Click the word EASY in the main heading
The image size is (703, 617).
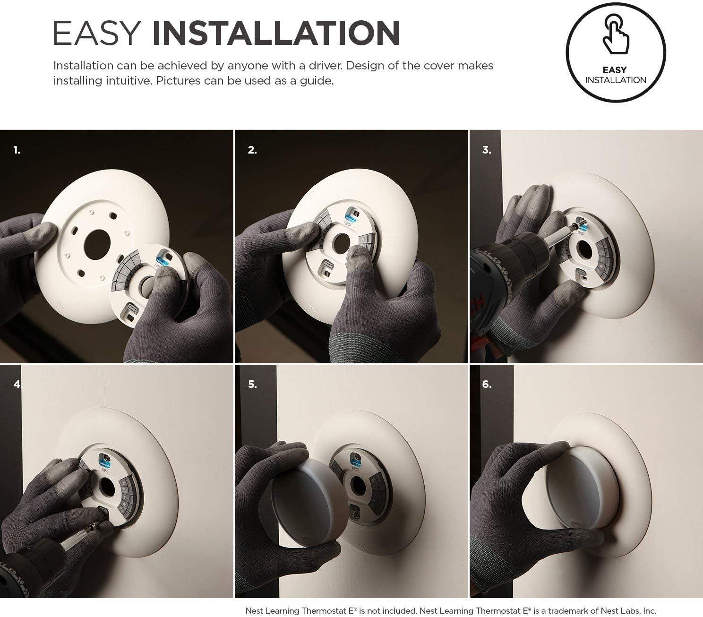point(97,33)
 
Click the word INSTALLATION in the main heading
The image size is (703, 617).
point(276,33)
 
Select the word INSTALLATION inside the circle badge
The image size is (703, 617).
point(616,80)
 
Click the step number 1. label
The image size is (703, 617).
point(17,150)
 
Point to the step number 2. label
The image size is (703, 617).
point(252,150)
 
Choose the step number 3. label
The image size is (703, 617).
point(487,150)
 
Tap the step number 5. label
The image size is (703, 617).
point(252,385)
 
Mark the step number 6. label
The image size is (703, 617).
point(487,385)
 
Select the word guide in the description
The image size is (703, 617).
point(316,81)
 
